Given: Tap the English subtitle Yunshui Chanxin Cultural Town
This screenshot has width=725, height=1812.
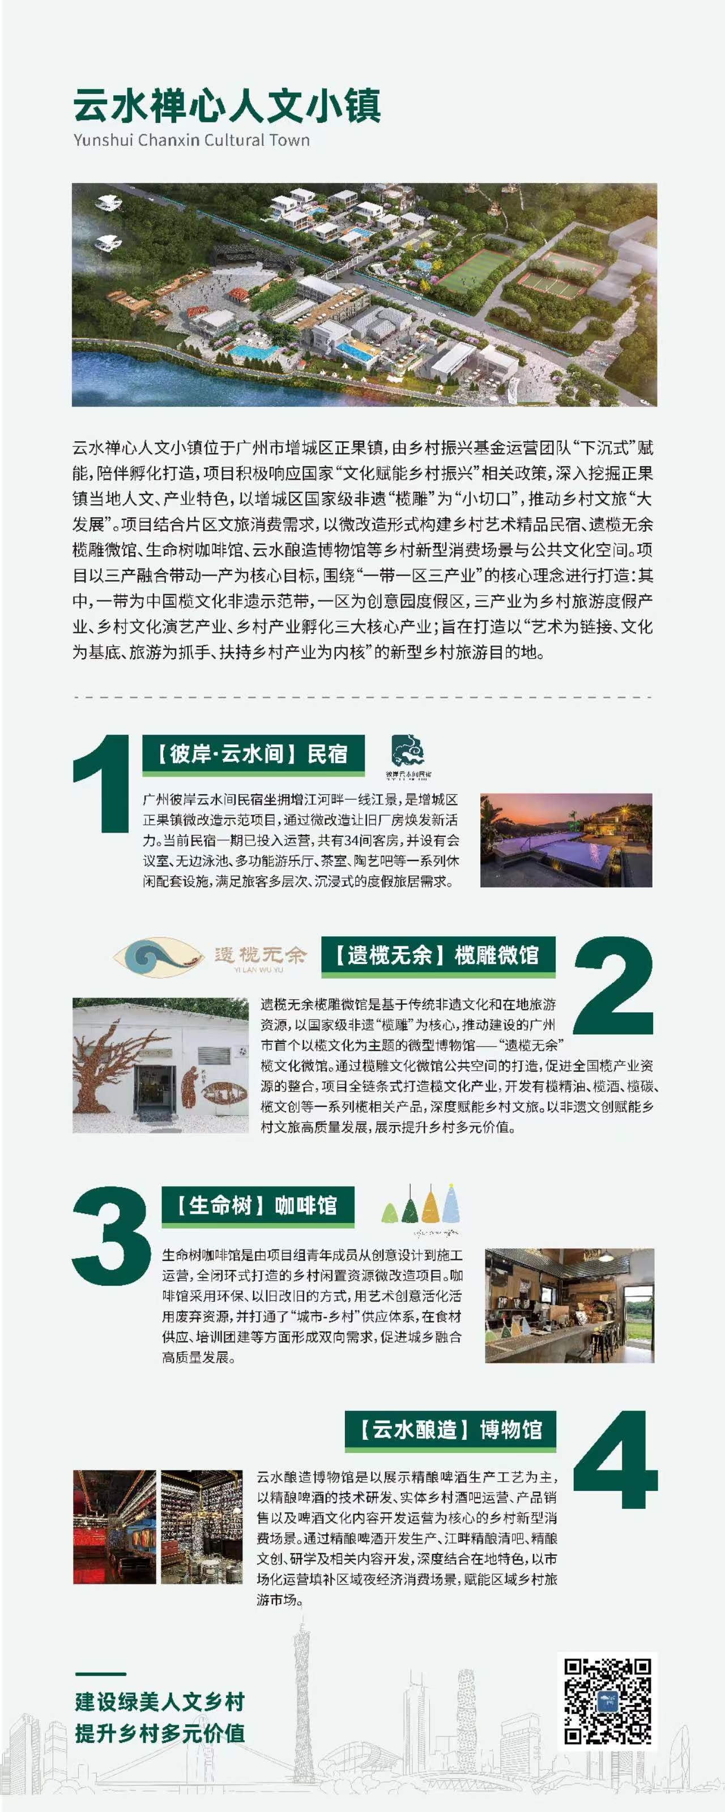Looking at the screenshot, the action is pos(191,140).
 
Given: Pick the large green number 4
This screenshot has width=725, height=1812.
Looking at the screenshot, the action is pos(615,1460).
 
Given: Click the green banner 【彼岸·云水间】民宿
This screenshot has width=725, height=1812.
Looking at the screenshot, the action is pos(253,755).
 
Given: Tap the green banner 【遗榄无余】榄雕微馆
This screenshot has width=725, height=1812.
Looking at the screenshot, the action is pos(438,956).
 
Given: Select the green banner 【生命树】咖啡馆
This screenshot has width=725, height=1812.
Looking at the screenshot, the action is pos(258,1206).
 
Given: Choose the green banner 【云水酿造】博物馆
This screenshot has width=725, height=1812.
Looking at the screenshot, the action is pos(451,1430).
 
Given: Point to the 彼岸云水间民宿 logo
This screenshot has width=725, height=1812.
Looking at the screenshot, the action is pos(408,756).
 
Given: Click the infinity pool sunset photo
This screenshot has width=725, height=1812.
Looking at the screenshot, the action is pos(566,840).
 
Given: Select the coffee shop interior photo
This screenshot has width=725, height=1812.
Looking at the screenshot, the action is pos(570,1306).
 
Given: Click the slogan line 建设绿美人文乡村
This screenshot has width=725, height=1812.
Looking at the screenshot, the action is pos(160,1702).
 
